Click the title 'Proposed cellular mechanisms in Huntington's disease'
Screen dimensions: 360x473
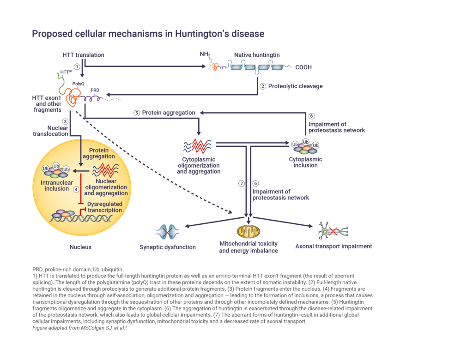click(x=147, y=34)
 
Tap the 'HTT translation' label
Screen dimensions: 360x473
click(x=83, y=55)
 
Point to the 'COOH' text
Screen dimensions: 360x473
click(x=303, y=67)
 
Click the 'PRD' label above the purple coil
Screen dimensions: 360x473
click(x=95, y=90)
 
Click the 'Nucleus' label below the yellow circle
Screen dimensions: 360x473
click(x=80, y=247)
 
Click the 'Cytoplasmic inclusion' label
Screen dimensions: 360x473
click(x=305, y=162)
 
